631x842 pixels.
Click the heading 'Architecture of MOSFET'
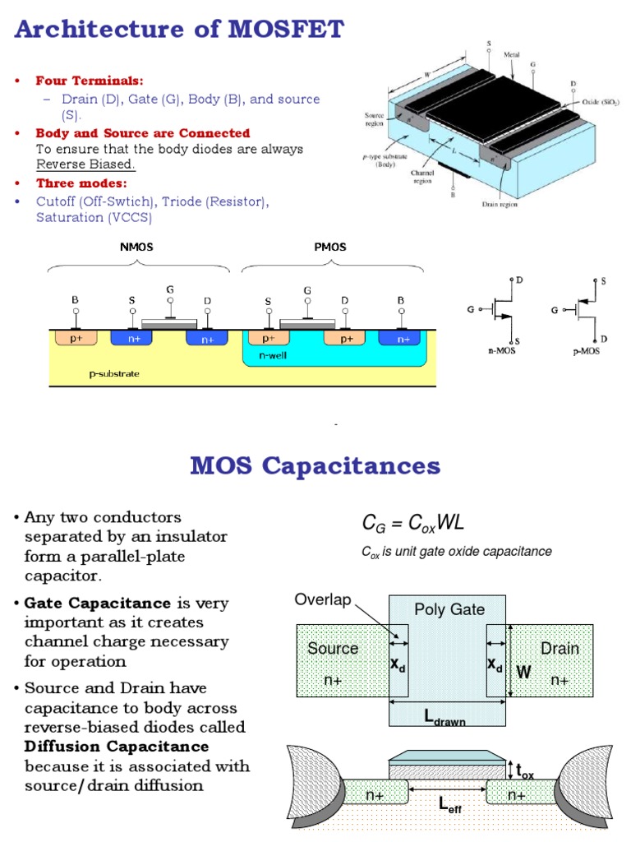point(179,30)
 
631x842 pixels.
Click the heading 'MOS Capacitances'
point(315,466)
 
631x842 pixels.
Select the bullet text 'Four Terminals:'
point(89,81)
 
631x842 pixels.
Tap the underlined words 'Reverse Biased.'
point(85,164)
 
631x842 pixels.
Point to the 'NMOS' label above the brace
point(136,247)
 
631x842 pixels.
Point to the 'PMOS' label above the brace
point(330,247)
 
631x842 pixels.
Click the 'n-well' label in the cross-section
point(272,356)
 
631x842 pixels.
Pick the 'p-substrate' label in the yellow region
point(114,373)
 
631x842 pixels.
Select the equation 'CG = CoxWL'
point(413,523)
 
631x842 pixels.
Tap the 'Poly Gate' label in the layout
point(449,609)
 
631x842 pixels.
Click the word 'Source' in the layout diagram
point(333,648)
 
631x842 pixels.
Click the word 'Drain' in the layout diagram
point(560,648)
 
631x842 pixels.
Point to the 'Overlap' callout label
point(322,600)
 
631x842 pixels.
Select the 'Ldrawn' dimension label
point(444,718)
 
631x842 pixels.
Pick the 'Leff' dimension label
point(449,803)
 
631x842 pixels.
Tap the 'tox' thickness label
point(525,771)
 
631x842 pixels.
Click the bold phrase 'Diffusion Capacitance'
point(117,747)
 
